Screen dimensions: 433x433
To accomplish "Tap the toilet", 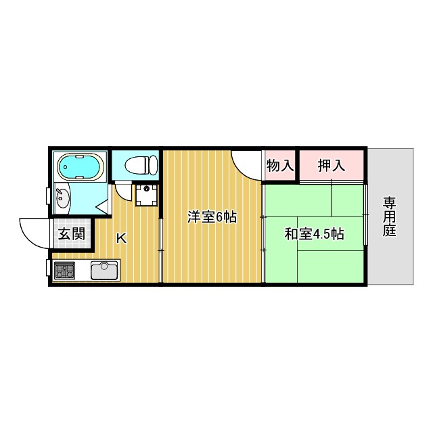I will [x=143, y=164].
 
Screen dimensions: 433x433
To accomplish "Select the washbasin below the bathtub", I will [x=63, y=199].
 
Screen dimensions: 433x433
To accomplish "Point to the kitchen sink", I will [x=104, y=271].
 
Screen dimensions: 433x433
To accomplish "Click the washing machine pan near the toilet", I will [x=145, y=195].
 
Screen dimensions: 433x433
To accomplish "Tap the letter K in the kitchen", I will [x=121, y=238].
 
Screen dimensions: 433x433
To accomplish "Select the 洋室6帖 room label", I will [x=212, y=217].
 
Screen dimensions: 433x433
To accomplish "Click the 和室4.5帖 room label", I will [x=314, y=234].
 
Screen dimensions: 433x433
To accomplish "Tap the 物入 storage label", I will [x=279, y=165].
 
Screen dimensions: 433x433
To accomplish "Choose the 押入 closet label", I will [x=331, y=165].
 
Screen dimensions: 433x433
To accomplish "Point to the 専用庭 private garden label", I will [x=389, y=216].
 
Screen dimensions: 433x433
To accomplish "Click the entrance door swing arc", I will [x=34, y=233].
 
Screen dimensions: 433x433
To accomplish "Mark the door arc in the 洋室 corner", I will [x=245, y=164].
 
